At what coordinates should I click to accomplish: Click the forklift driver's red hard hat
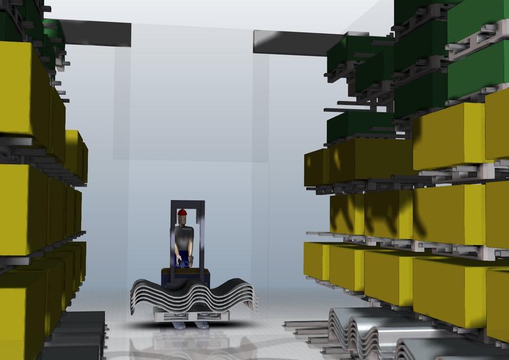[182, 212]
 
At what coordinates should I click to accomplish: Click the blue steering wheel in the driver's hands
[181, 262]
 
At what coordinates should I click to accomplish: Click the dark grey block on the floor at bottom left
[79, 337]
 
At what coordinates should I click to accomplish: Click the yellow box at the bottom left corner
[20, 315]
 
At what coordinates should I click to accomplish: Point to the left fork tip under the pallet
[179, 325]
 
